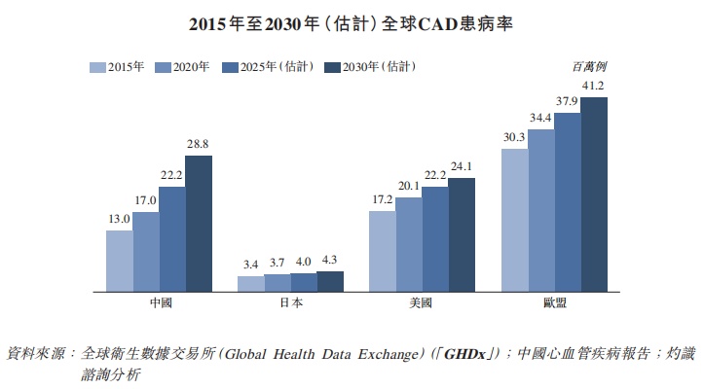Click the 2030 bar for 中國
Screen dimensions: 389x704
[198, 223]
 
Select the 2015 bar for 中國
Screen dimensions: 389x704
[119, 260]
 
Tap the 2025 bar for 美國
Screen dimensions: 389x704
[435, 238]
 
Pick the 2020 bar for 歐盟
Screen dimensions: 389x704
[540, 209]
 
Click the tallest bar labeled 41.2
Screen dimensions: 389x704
[593, 194]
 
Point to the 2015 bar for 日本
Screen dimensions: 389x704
[250, 283]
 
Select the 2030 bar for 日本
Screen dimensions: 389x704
[330, 280]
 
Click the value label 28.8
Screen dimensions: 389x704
[198, 145]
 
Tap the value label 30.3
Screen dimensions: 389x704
[514, 137]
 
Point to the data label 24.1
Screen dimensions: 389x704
[462, 166]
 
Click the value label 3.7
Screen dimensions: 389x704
[277, 264]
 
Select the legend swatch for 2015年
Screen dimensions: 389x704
[96, 67]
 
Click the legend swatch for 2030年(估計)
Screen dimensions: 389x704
[331, 67]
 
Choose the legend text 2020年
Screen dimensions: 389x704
[191, 67]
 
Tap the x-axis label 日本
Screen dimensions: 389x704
[290, 303]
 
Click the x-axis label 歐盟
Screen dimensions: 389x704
[554, 303]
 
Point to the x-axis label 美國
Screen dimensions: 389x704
[423, 303]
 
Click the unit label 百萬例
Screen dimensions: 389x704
[590, 66]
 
